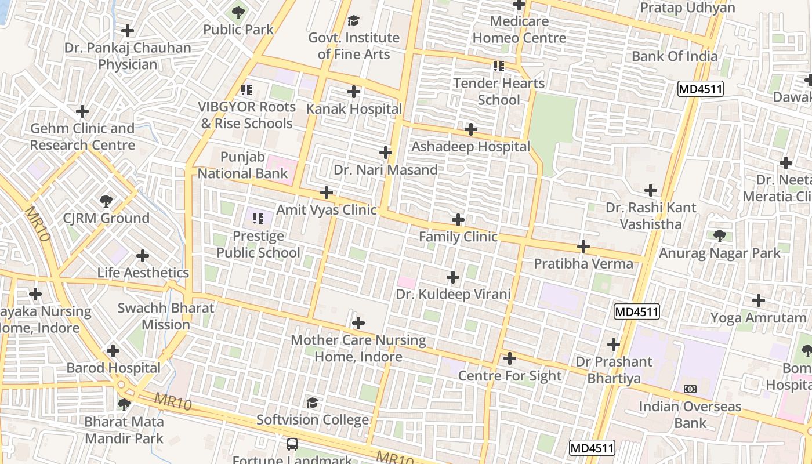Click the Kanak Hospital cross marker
[x=354, y=92]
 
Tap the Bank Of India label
[x=675, y=56]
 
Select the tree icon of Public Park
[x=238, y=12]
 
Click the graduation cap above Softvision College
[x=313, y=403]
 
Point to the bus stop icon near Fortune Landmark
[x=292, y=444]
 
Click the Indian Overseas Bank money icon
[x=690, y=389]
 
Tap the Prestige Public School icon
[x=258, y=219]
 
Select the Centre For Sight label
[x=510, y=376]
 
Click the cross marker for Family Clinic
[x=458, y=220]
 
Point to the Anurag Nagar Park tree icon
[x=720, y=236]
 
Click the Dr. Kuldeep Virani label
[x=453, y=294]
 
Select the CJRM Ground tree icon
[x=106, y=201]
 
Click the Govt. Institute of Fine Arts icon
[x=353, y=21]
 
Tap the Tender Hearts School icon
[x=498, y=66]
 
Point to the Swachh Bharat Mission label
[x=166, y=316]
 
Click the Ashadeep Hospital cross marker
[x=471, y=129]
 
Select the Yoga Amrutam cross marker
[x=758, y=300]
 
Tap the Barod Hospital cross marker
[x=113, y=351]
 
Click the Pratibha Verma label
[x=583, y=264]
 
